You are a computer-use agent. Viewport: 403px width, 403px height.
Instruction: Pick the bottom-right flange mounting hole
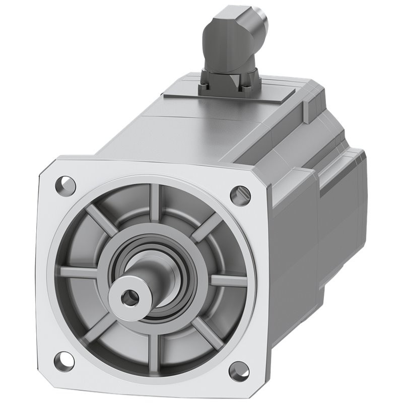click(238, 371)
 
